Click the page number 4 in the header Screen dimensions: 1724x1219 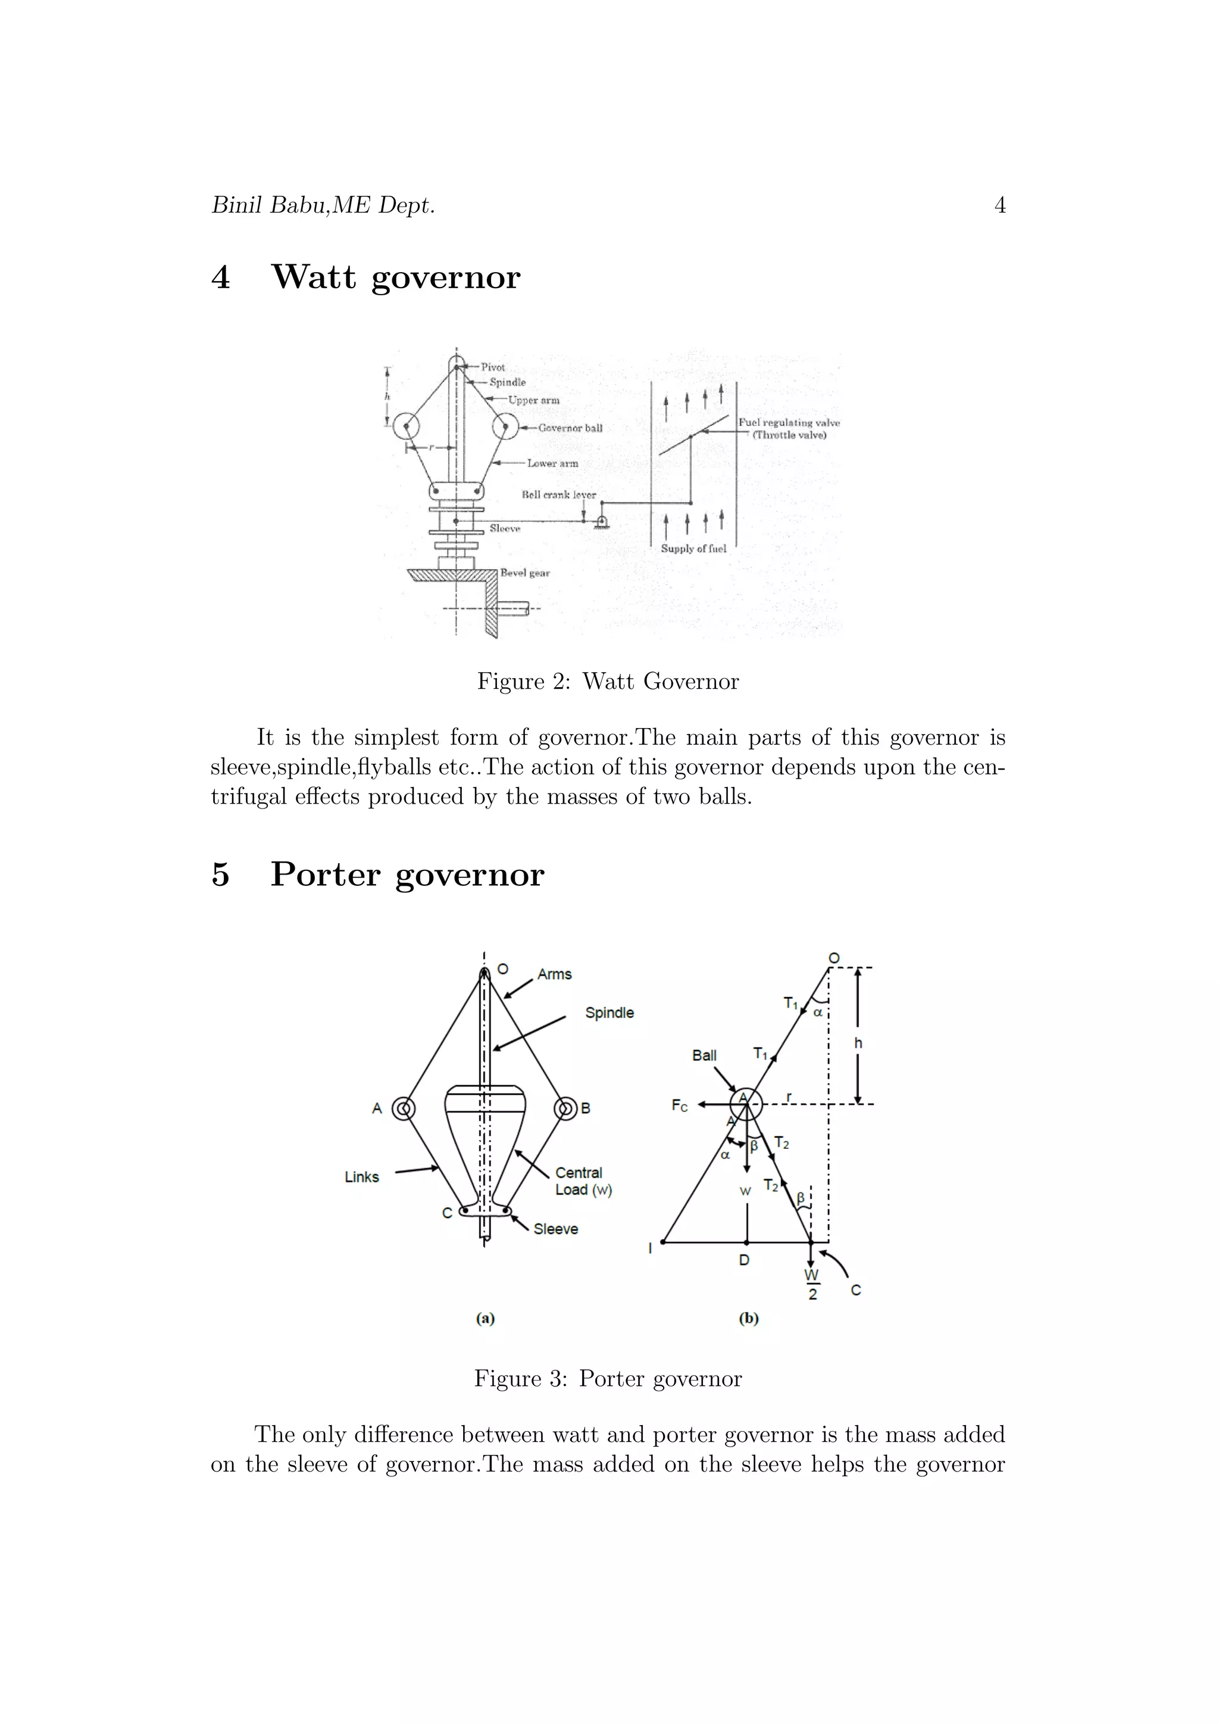coord(999,205)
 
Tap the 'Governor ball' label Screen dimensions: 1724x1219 coord(570,428)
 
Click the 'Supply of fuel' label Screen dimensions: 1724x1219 coord(693,549)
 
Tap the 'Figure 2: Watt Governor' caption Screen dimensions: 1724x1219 coord(608,681)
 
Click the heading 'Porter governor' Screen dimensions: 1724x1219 coord(407,875)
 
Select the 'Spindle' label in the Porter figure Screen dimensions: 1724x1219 coord(609,1013)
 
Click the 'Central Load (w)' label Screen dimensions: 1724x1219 coord(583,1181)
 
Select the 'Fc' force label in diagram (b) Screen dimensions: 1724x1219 coord(679,1106)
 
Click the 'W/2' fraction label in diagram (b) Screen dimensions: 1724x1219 coord(811,1284)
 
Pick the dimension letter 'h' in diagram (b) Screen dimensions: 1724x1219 coord(858,1043)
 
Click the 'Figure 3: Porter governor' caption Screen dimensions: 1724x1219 coord(608,1379)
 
